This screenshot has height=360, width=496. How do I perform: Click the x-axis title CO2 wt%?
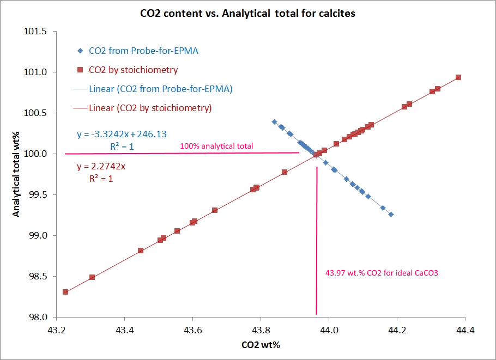click(x=261, y=345)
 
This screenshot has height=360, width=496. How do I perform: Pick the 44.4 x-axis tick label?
click(x=465, y=330)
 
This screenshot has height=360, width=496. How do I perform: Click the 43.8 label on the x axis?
click(x=261, y=330)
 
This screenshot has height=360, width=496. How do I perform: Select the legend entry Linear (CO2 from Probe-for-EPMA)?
click(x=160, y=89)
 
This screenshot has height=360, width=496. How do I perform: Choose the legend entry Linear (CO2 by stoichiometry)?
click(x=150, y=108)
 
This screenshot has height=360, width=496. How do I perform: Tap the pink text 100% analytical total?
click(x=216, y=146)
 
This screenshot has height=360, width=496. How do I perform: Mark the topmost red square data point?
click(x=458, y=77)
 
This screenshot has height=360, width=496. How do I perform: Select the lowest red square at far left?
click(x=65, y=292)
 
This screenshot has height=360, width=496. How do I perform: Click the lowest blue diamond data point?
click(x=391, y=215)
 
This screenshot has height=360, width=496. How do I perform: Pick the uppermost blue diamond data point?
click(x=274, y=121)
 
